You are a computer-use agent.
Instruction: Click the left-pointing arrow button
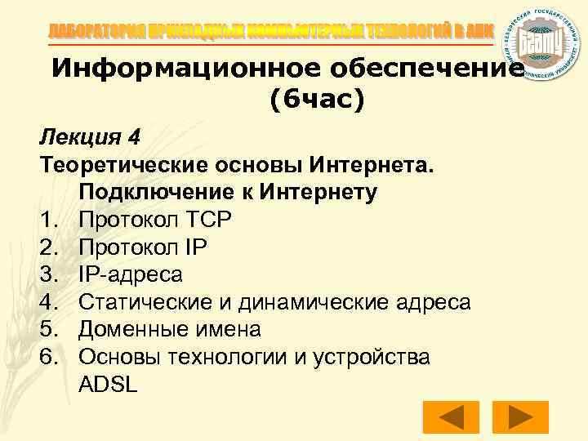click(x=450, y=416)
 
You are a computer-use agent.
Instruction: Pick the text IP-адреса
click(x=131, y=274)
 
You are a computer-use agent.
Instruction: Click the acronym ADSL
click(x=109, y=385)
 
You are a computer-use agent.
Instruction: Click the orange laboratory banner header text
click(x=269, y=31)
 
